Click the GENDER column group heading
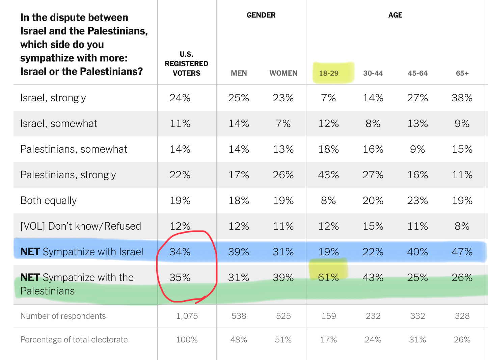coord(261,15)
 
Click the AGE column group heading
coord(395,15)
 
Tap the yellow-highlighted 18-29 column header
coord(329,73)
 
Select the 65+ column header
coord(462,73)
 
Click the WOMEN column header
coord(283,73)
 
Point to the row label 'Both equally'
coord(49,201)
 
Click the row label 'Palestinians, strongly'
coord(68,175)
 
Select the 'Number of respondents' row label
coord(63,316)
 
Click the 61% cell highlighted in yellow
coord(328,277)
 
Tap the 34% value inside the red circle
coord(180,252)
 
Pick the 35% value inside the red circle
coord(180,278)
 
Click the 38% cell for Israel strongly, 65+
coord(462,98)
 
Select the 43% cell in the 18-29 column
coord(328,175)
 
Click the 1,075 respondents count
coord(187,316)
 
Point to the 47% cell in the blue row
coord(462,252)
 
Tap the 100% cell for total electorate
coord(187,340)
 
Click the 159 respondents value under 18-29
coord(328,316)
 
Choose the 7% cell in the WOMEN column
coord(283,124)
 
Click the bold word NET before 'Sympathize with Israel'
coord(30,252)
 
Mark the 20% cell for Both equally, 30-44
coord(373,201)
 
